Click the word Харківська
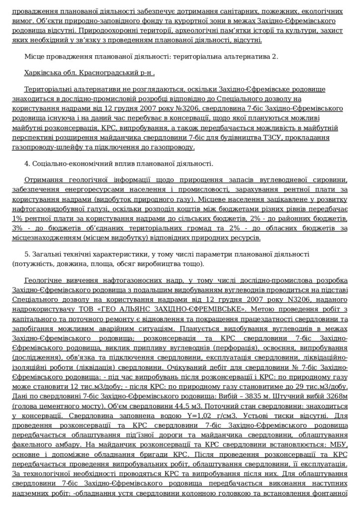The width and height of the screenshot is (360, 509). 40,73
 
